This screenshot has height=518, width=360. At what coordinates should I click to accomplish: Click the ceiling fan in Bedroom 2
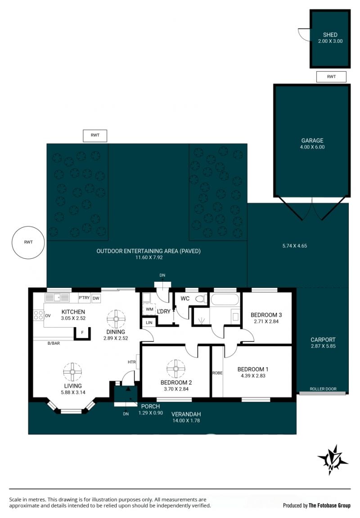(175, 369)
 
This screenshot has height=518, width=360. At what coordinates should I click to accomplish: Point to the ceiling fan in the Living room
(72, 372)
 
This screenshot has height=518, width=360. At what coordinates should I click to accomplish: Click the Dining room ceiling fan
(116, 319)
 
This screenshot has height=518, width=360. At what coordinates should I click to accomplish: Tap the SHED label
(330, 35)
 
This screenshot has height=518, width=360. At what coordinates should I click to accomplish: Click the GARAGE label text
(312, 140)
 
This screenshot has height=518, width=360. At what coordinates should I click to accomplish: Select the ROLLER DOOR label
(323, 389)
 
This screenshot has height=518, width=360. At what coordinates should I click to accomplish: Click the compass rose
(332, 460)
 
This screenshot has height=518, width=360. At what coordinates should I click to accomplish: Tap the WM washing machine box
(149, 310)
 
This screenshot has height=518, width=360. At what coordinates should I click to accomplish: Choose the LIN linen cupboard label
(149, 322)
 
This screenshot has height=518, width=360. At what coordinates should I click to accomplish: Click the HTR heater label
(131, 362)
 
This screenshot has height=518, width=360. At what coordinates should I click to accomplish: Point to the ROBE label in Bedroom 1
(217, 373)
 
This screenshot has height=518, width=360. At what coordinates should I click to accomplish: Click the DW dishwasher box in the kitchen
(96, 298)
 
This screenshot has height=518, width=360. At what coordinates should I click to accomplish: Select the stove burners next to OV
(38, 315)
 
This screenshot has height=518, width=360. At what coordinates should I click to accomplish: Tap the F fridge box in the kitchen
(82, 333)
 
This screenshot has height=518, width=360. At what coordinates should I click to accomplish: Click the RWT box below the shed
(331, 77)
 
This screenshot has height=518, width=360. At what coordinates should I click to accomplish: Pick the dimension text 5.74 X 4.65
(295, 246)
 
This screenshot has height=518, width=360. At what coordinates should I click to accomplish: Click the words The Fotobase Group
(329, 505)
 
